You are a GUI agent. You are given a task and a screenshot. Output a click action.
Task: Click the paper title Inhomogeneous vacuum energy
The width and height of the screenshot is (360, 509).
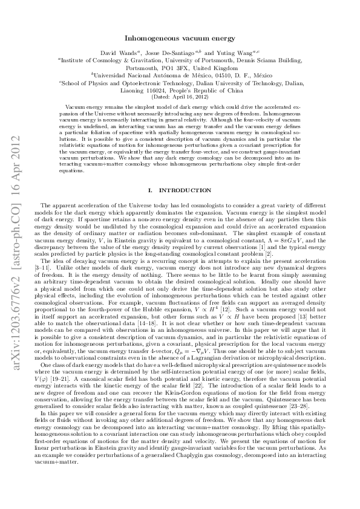[180, 37]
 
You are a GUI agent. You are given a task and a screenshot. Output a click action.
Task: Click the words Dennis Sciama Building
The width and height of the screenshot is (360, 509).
[267, 61]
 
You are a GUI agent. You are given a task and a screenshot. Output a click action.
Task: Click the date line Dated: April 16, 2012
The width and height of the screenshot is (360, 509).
[180, 97]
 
